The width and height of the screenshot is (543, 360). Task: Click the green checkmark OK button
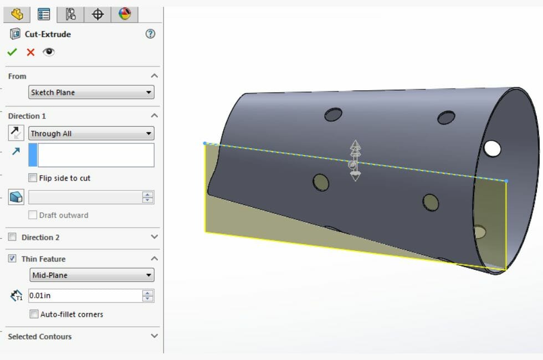[x=12, y=52]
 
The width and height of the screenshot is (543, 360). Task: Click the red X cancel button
[x=30, y=52]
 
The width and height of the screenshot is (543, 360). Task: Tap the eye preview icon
[x=49, y=52]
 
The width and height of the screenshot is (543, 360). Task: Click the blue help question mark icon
[x=150, y=34]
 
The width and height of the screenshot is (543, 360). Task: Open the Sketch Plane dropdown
[x=91, y=92]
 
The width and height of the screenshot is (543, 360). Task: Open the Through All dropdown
[x=91, y=133]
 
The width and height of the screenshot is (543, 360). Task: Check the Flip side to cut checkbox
[x=33, y=178]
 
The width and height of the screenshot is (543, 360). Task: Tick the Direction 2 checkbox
[x=12, y=237]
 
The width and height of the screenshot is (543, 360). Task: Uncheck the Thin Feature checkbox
[x=12, y=259]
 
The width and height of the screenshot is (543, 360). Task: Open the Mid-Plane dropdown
[x=91, y=275]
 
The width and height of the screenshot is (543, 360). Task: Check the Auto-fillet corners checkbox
[x=34, y=315]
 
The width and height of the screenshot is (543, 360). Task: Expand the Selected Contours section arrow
[x=155, y=336]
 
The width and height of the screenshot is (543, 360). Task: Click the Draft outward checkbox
[x=33, y=215]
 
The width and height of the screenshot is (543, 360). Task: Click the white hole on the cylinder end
[x=492, y=148]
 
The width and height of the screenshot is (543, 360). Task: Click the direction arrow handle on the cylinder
[x=355, y=161]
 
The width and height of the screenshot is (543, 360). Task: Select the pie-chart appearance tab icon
[x=125, y=14]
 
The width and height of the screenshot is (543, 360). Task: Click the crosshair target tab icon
[x=98, y=14]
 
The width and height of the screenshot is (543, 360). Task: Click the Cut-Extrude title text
[x=48, y=34]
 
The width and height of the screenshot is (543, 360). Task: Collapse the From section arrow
[x=155, y=76]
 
